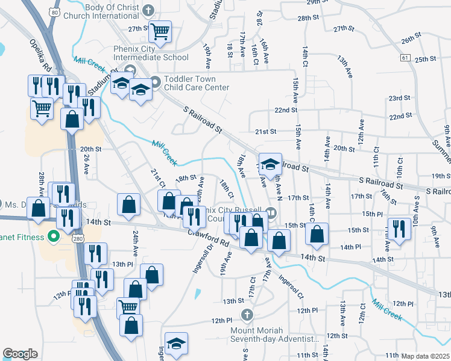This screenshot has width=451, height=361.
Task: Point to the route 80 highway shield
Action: (55, 11)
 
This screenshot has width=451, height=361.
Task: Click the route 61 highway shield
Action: (405, 57)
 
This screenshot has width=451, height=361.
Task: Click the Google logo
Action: (20, 354)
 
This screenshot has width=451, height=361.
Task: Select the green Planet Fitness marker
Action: (52, 236)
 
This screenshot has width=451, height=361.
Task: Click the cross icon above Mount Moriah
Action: (247, 314)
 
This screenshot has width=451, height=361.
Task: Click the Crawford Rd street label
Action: (209, 238)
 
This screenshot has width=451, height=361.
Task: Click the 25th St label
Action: (425, 59)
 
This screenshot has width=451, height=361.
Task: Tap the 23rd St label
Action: (399, 97)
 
